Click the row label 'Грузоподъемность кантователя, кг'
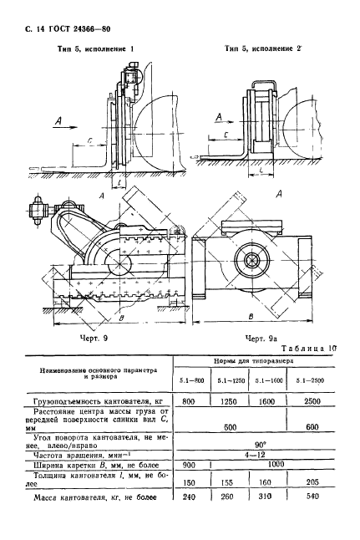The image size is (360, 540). pos(94,402)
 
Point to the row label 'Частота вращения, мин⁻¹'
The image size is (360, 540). pos(74,456)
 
